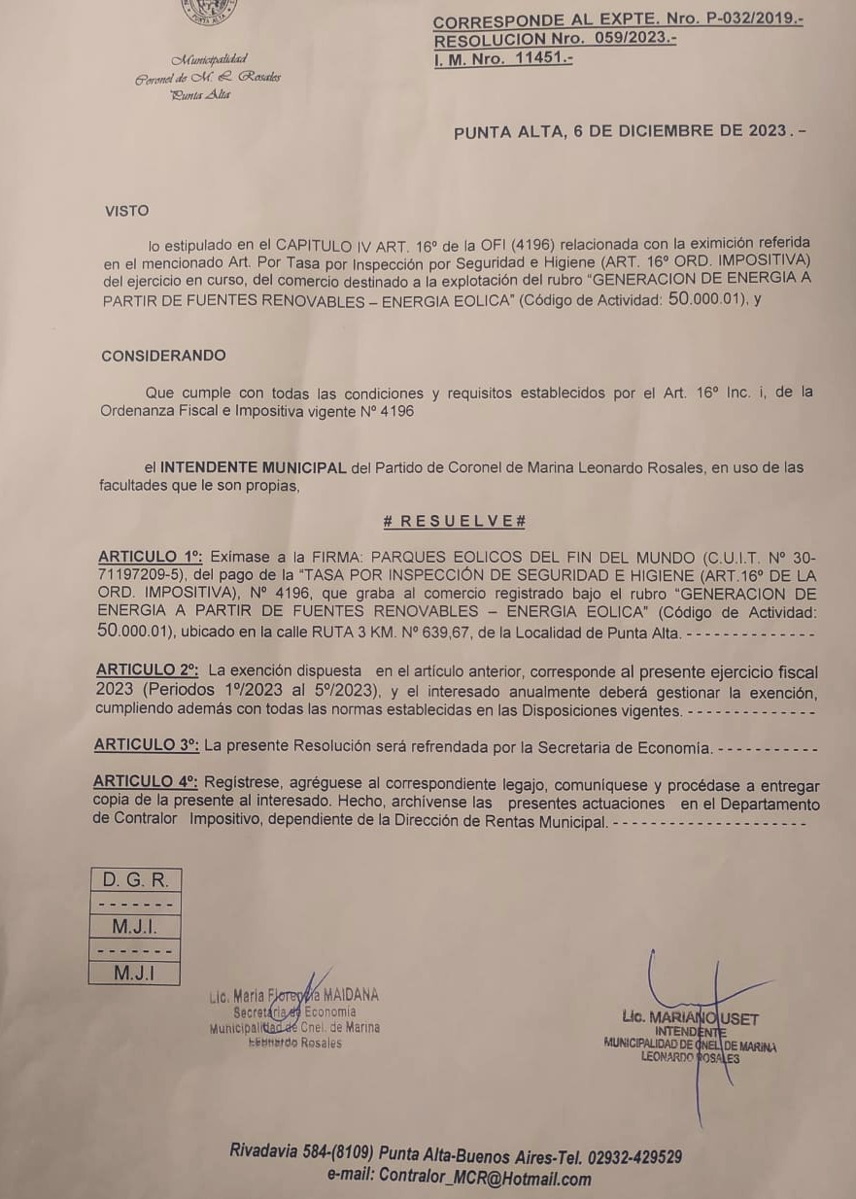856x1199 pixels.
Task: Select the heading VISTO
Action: (x=128, y=210)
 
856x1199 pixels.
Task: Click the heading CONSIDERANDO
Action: (x=163, y=356)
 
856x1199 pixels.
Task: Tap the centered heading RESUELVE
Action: (x=455, y=522)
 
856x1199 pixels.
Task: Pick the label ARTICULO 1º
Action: (x=150, y=558)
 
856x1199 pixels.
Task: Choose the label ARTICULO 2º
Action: (x=147, y=671)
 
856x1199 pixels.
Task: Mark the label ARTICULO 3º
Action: (x=147, y=745)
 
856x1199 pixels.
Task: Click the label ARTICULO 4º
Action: (x=146, y=784)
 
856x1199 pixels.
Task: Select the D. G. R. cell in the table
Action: (x=135, y=881)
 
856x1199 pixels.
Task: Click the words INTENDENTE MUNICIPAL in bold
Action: (x=253, y=467)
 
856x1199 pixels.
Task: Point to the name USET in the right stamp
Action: (x=737, y=1018)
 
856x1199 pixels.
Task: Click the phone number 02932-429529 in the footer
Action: (x=633, y=1156)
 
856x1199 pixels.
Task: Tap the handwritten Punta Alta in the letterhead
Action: (x=200, y=94)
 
